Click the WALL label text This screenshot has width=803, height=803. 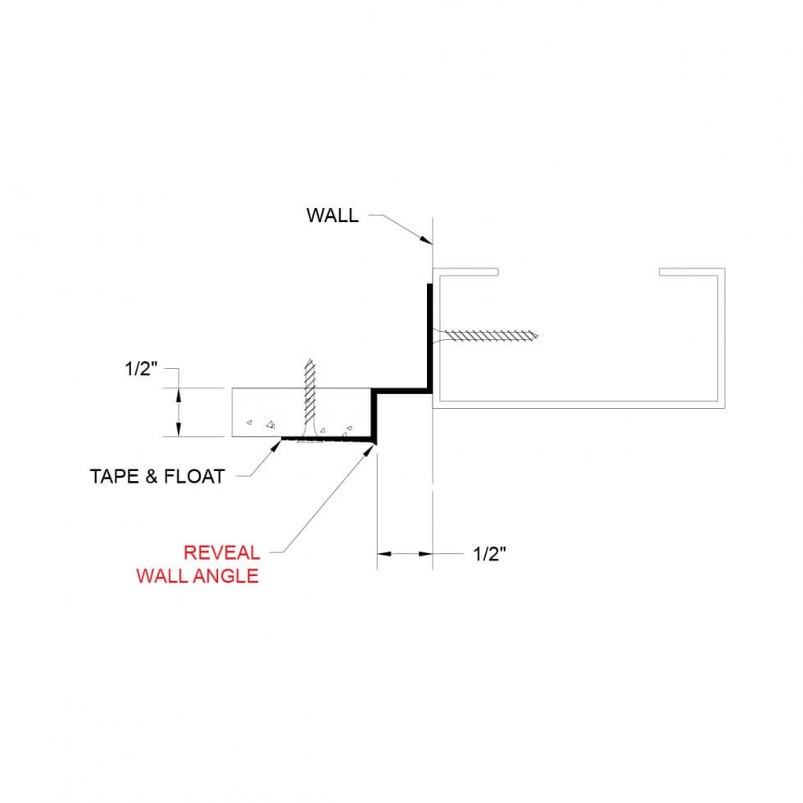pyautogui.click(x=332, y=216)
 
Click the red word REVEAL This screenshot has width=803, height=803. pyautogui.click(x=221, y=552)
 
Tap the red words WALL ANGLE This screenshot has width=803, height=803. pyautogui.click(x=197, y=576)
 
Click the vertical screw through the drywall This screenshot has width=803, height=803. pyautogui.click(x=309, y=393)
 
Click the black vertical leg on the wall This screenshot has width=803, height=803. pyautogui.click(x=429, y=336)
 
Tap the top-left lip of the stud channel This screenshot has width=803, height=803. pyautogui.click(x=467, y=271)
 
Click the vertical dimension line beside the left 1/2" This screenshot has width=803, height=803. pyautogui.click(x=179, y=412)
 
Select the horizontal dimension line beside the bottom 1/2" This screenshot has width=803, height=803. pyautogui.click(x=404, y=555)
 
